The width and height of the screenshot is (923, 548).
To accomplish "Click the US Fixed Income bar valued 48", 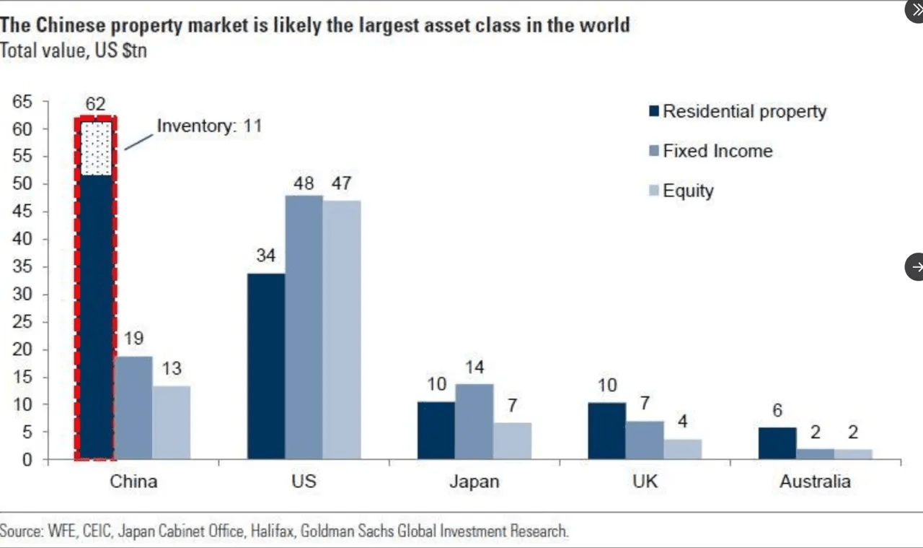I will pos(304,327).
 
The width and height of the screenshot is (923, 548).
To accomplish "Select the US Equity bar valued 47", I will pos(341,330).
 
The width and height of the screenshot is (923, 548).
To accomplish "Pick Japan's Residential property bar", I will pos(436,430).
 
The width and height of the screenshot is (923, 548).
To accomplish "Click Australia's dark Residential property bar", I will pos(777,443).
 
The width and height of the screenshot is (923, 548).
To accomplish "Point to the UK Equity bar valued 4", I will pos(682,449).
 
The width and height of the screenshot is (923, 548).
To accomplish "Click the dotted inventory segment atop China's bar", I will pos(95,149).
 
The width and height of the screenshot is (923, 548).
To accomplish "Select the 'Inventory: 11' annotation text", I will pos(209,126).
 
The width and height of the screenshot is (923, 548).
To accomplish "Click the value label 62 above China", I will pos(95,104).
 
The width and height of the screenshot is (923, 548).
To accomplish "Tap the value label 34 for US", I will pos(266,256).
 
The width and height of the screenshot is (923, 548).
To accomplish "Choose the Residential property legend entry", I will pos(743,112).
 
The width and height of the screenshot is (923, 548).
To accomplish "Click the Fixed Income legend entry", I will pos(717,152).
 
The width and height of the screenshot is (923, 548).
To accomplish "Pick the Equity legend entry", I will pos(687,191).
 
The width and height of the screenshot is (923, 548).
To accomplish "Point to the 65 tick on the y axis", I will pos(22,102).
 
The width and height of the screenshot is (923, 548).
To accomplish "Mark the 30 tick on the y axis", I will pos(22,295).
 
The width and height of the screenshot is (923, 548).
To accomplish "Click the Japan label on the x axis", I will pos(474,482).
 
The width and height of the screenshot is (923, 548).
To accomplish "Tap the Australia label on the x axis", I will pos(815,482).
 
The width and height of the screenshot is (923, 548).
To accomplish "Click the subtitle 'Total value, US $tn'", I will pos(74,51).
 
